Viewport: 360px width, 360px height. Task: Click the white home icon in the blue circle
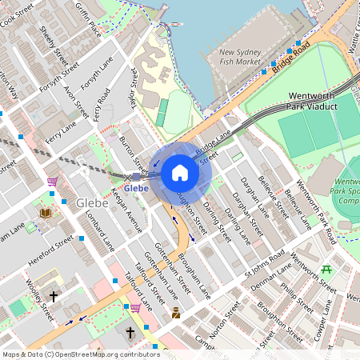(x=180, y=173)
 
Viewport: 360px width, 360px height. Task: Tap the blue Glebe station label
(x=136, y=188)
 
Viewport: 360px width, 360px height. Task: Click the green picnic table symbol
(x=326, y=270)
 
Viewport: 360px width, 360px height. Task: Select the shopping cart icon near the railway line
(x=52, y=182)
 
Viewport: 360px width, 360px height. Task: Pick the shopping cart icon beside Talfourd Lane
(x=135, y=306)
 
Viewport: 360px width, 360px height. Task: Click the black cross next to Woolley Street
(x=54, y=296)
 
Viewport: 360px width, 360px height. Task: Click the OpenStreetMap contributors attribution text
(x=81, y=354)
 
